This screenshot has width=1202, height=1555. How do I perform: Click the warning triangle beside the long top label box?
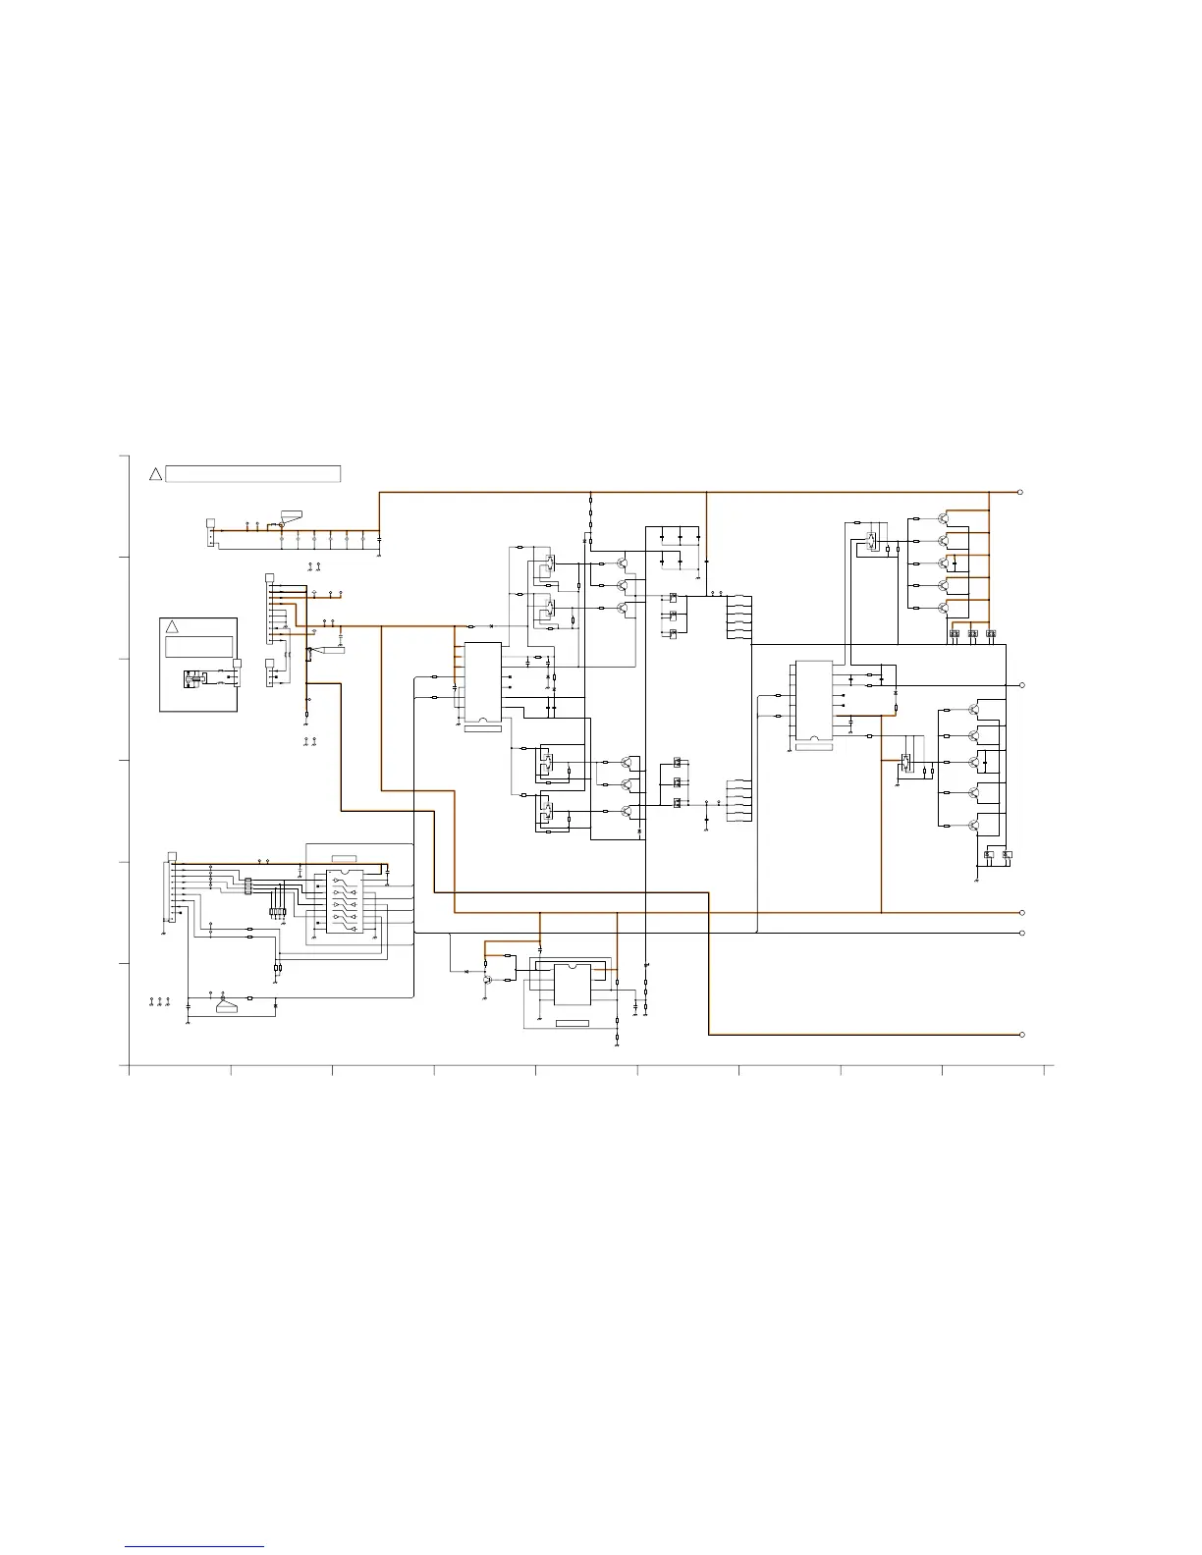[x=155, y=474]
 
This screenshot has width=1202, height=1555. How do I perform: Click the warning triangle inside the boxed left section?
[x=171, y=626]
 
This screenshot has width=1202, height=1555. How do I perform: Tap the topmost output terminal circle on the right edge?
[x=1021, y=492]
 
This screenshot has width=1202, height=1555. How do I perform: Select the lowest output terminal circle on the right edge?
[x=1021, y=1035]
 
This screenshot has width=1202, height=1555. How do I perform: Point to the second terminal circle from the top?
[x=1021, y=684]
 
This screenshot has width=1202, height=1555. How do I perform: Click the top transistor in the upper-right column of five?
[x=944, y=518]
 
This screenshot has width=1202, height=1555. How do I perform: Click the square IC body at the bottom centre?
[x=571, y=985]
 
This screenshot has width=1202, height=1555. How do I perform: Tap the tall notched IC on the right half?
[x=813, y=701]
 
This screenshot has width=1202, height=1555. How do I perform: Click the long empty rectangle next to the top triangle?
[x=253, y=474]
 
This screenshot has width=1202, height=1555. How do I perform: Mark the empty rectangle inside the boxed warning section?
[x=198, y=646]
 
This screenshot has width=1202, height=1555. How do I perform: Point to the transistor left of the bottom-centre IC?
[x=488, y=979]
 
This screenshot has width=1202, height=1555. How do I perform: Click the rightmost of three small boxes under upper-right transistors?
[x=990, y=634]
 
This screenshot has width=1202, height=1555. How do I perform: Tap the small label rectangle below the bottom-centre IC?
[x=572, y=1024]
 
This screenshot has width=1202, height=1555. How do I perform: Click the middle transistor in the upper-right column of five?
[x=944, y=563]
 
